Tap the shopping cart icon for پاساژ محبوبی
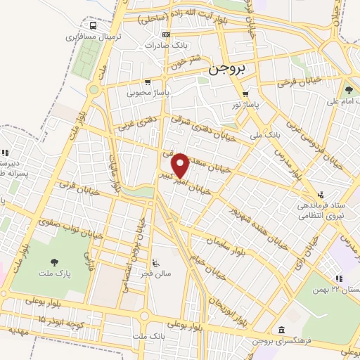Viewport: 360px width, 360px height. pyautogui.click(x=145, y=82)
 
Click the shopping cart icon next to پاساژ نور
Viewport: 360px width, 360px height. pyautogui.click(x=245, y=94)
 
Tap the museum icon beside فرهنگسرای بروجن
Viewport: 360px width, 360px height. pyautogui.click(x=282, y=330)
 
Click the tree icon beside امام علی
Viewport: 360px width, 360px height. pyautogui.click(x=349, y=89)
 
